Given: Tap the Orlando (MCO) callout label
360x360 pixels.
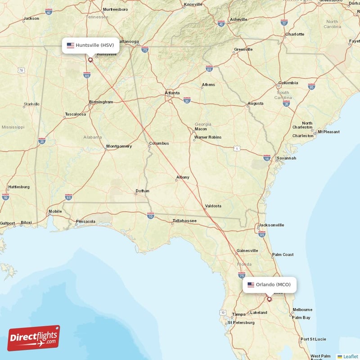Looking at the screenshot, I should [x=270, y=284].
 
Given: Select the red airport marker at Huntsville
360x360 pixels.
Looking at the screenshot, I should [x=90, y=59].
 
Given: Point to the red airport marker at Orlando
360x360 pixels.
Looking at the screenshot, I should [x=270, y=299].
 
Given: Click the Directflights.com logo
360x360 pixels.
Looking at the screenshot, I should [x=34, y=338].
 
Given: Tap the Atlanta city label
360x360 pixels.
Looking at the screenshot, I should [x=172, y=93].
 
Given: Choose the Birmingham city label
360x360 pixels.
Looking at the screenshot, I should [x=101, y=102].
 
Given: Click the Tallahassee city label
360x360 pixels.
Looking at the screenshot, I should [x=184, y=221].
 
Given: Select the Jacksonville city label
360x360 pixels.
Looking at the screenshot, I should [x=271, y=225].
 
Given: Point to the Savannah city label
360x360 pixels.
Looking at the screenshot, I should [x=286, y=158].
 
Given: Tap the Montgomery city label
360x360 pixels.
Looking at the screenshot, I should [x=119, y=146].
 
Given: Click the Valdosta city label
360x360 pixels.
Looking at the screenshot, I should [x=213, y=206].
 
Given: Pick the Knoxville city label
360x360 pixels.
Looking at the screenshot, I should [x=193, y=4].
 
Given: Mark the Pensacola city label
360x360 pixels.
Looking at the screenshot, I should [x=85, y=221].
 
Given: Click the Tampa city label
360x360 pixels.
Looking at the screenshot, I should [x=238, y=314].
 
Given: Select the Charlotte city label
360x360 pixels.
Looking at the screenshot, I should [x=294, y=34].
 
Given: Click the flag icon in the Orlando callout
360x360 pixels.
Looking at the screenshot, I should [x=251, y=284].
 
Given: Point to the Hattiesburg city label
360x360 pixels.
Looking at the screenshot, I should [x=19, y=187].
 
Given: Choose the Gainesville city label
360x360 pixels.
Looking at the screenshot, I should [x=247, y=251].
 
